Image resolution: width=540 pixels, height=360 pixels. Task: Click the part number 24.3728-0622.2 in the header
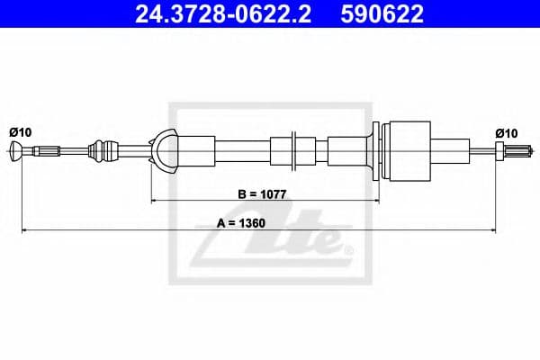(x=223, y=13)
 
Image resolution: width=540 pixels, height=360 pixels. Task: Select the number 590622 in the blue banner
(x=382, y=13)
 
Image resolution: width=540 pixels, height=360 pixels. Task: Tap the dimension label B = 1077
(x=262, y=194)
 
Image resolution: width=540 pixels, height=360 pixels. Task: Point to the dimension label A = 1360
(x=241, y=223)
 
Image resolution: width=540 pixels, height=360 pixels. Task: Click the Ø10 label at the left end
(x=21, y=132)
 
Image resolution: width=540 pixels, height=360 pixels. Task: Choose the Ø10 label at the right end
(x=506, y=133)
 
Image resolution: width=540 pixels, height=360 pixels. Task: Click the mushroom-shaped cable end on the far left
(x=16, y=151)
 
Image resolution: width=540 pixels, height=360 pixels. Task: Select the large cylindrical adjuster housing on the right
(x=409, y=151)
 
